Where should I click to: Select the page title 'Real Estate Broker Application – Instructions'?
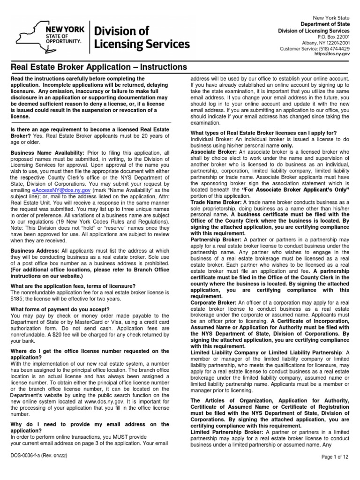coord(98,67)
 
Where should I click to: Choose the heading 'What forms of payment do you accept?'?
coord(60,309)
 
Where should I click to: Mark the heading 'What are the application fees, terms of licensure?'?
coord(73,286)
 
